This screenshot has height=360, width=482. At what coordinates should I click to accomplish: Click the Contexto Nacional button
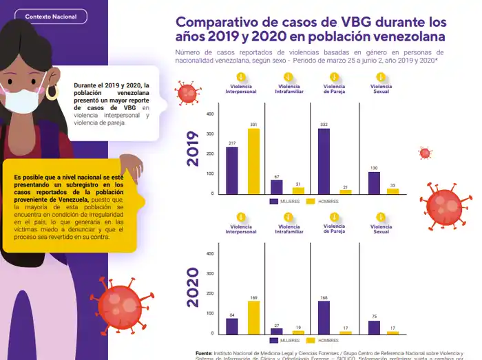click(x=51, y=17)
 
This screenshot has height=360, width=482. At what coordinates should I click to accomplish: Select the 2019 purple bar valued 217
click(x=232, y=171)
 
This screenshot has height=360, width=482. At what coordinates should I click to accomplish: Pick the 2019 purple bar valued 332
click(x=324, y=161)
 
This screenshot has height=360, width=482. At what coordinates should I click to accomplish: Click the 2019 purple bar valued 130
click(x=374, y=182)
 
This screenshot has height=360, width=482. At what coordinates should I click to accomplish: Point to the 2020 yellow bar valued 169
click(x=253, y=317)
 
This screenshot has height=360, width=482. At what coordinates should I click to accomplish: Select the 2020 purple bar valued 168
click(x=324, y=317)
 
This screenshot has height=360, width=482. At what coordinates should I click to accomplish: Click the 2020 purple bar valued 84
click(x=232, y=326)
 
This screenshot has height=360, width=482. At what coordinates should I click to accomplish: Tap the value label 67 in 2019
click(x=276, y=177)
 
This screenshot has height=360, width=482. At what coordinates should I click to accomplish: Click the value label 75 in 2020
click(x=374, y=317)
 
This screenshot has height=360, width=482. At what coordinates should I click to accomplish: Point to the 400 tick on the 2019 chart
click(x=210, y=114)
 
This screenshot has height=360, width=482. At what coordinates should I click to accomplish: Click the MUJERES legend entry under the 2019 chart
click(x=283, y=202)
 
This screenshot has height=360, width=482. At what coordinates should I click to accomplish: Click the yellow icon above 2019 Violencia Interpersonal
click(x=242, y=76)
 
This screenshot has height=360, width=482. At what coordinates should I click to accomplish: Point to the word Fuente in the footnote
click(x=204, y=352)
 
